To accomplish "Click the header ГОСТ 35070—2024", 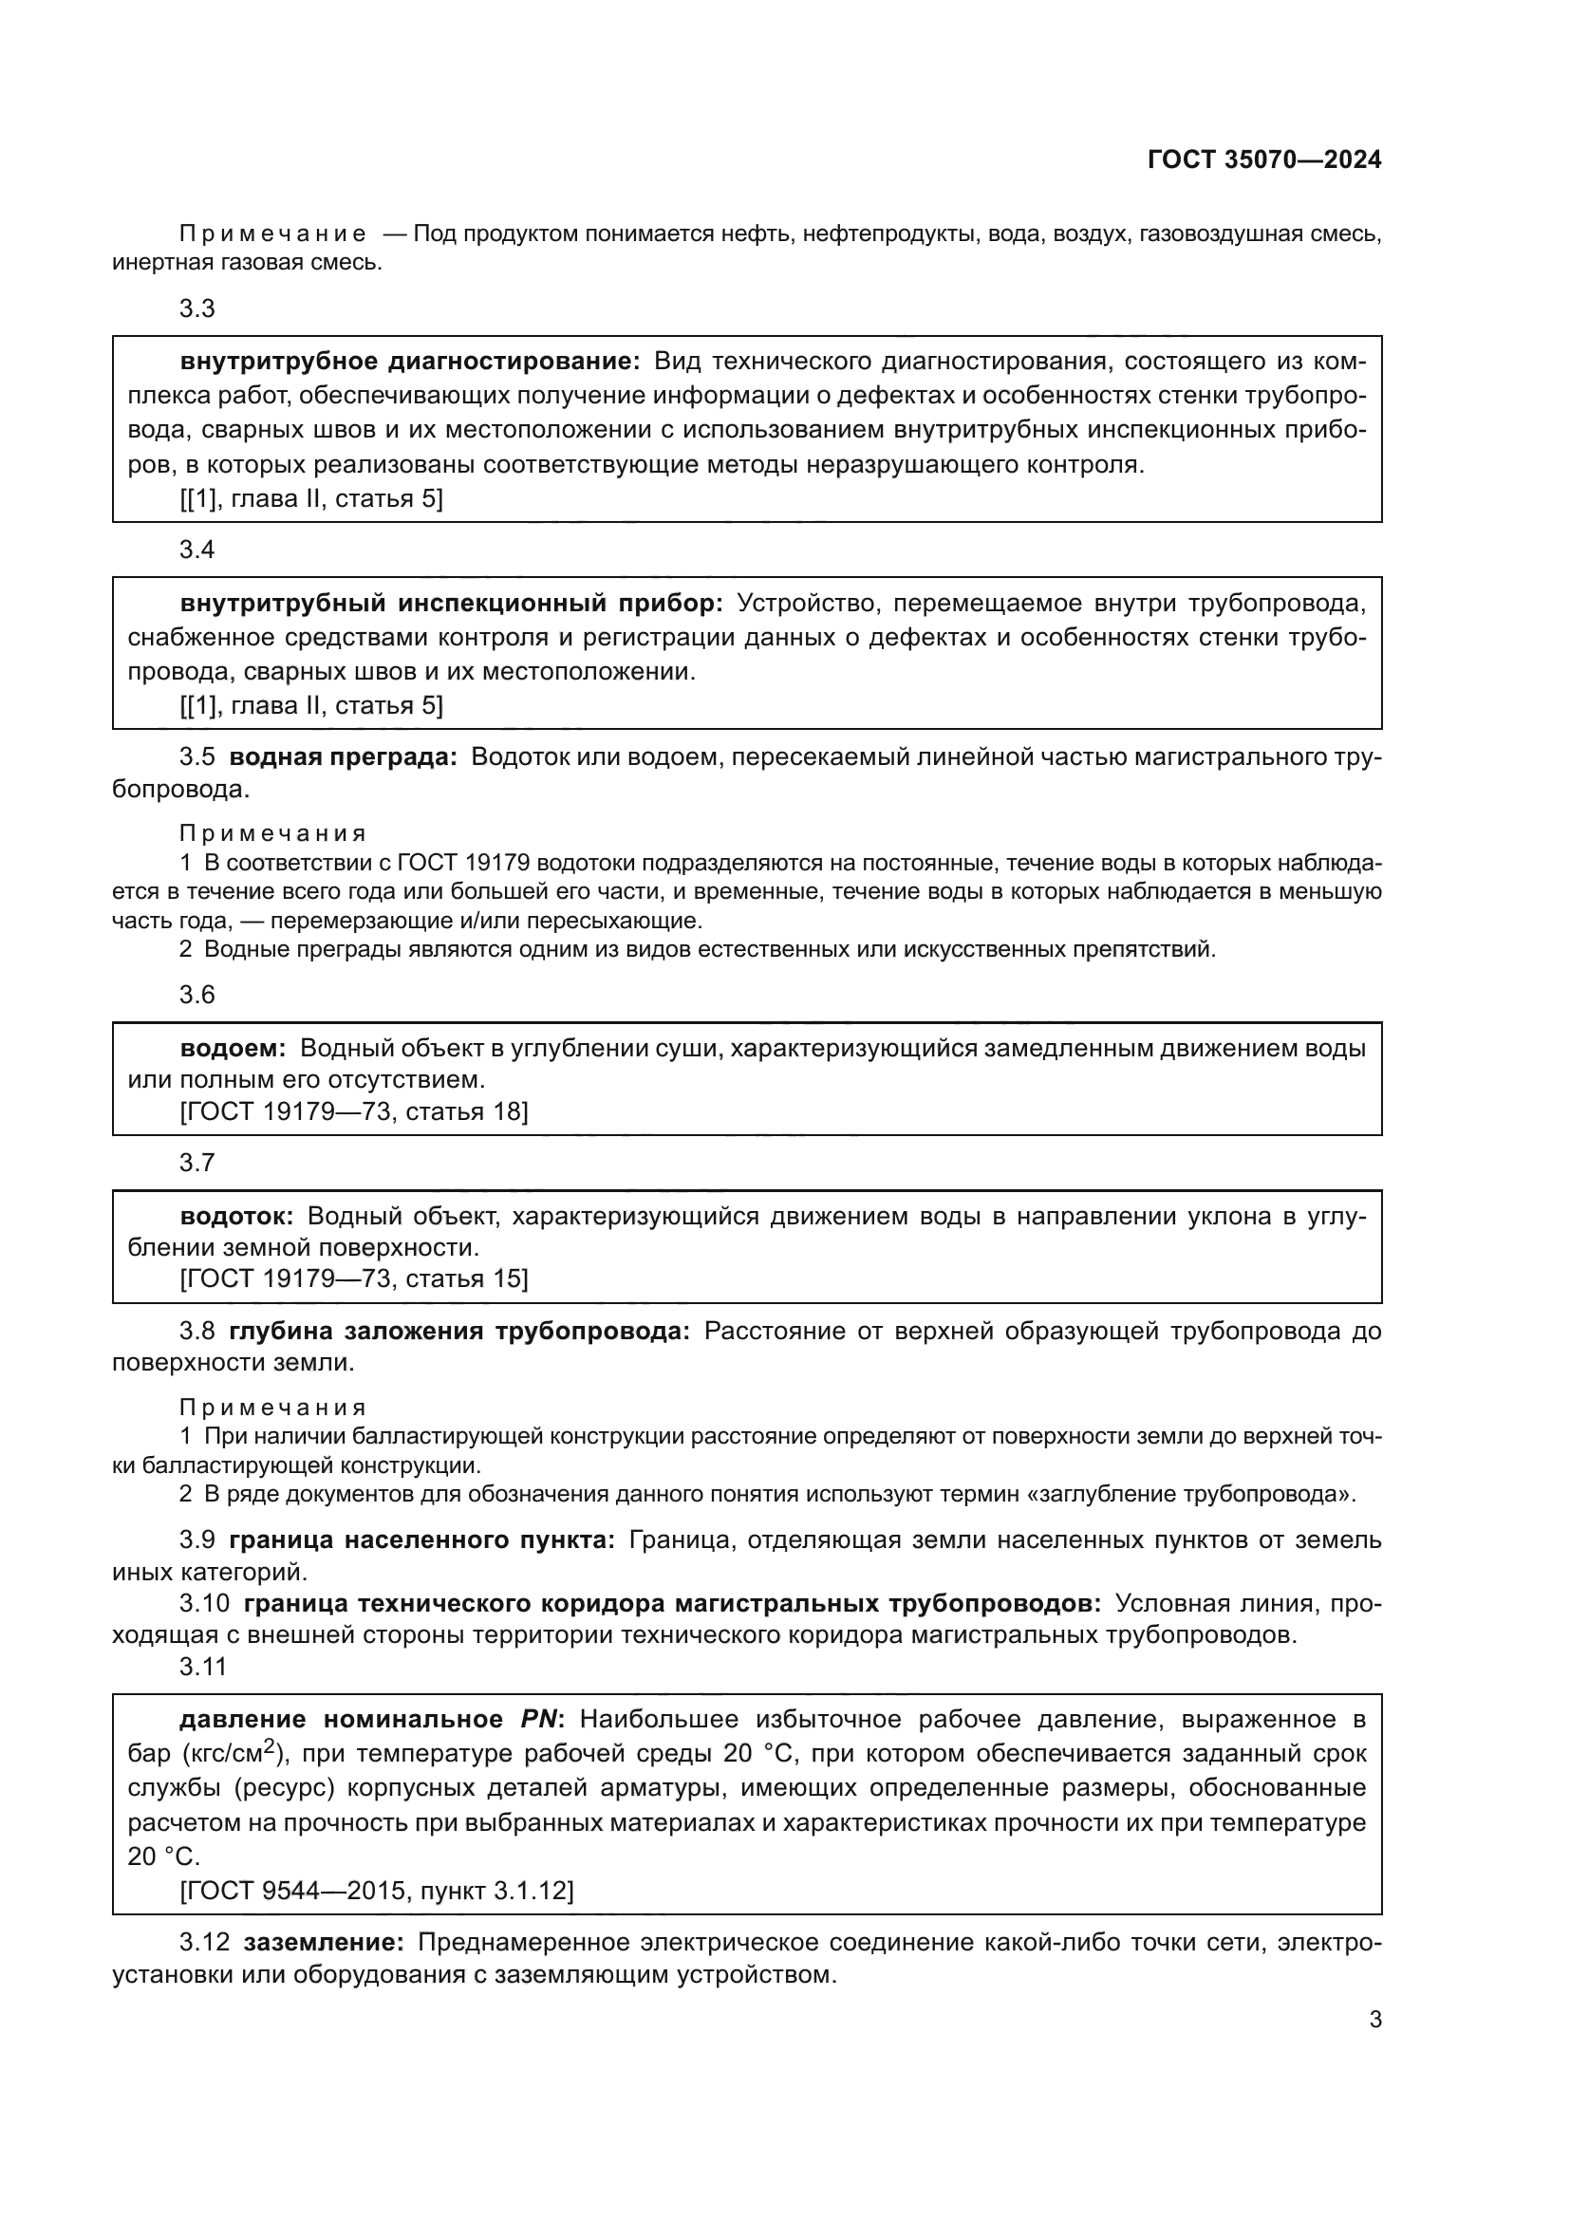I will pyautogui.click(x=1263, y=160).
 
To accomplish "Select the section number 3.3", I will pyautogui.click(x=197, y=309).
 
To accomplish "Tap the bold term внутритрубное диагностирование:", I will pyautogui.click(x=410, y=363).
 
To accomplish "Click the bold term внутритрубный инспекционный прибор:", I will pyautogui.click(x=452, y=605).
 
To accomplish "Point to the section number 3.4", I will pyautogui.click(x=197, y=550).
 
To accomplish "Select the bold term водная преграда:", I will pyautogui.click(x=344, y=757).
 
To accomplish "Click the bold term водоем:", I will pyautogui.click(x=233, y=1048).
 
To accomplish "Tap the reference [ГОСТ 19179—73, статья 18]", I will pyautogui.click(x=354, y=1112).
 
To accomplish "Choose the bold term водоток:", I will pyautogui.click(x=237, y=1217).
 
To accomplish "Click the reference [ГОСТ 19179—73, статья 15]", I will pyautogui.click(x=354, y=1279).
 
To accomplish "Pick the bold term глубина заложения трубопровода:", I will pyautogui.click(x=459, y=1332).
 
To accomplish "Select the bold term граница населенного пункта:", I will pyautogui.click(x=421, y=1539).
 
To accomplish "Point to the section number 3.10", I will pyautogui.click(x=204, y=1604).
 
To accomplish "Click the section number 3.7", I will pyautogui.click(x=197, y=1164).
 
